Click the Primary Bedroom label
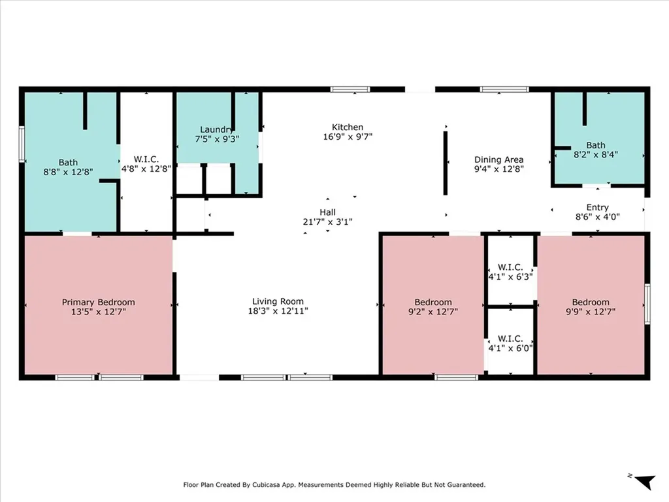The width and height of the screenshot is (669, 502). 98,302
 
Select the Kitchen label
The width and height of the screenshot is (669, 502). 348,127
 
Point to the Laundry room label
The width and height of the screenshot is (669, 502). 216,129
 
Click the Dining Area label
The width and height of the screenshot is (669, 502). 498,159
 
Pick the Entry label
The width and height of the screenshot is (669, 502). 597,207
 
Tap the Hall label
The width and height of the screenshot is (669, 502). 327,212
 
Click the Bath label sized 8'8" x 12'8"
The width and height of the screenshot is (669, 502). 68,163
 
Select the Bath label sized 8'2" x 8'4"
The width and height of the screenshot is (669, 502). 595,145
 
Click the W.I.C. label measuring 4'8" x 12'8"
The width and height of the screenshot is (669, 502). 146,159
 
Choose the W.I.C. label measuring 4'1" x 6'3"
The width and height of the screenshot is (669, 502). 510,267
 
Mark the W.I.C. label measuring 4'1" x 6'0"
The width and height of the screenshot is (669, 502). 510,338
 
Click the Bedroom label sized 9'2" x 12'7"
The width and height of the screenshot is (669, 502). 433,302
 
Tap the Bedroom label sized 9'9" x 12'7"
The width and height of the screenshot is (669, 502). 591,302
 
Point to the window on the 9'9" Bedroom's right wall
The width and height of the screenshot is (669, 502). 647,303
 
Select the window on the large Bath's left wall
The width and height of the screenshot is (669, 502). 22,144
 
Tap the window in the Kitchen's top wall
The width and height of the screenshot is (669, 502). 350,90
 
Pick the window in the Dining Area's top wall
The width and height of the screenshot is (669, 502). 504,90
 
